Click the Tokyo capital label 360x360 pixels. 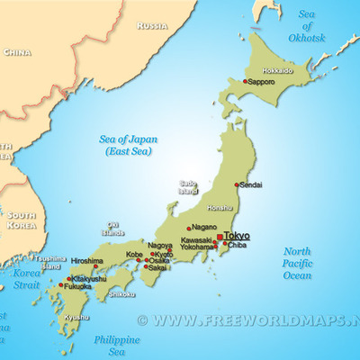[x=237, y=236]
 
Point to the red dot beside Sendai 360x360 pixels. [x=236, y=185]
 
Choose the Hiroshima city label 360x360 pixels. [x=85, y=261]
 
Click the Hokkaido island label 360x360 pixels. [x=278, y=70]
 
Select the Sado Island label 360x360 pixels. [x=188, y=186]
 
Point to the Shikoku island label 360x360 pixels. [x=121, y=294]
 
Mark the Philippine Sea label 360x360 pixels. [x=117, y=345]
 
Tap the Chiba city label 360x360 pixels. [x=238, y=245]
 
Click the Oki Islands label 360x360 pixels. [x=112, y=229]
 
